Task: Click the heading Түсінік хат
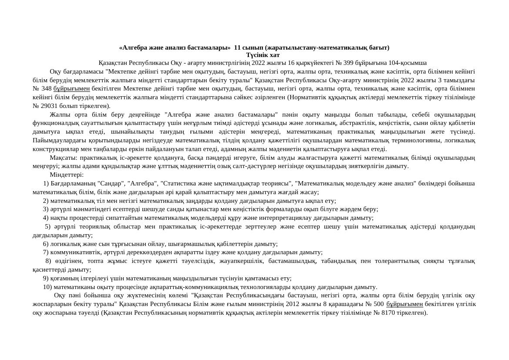pos(263,55)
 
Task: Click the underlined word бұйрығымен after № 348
pos(72,89)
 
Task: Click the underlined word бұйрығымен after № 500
pos(405,304)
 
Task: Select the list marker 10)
pos(47,287)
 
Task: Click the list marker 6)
pos(46,244)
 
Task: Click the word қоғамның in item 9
pos(63,278)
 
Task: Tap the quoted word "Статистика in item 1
pos(179,183)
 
